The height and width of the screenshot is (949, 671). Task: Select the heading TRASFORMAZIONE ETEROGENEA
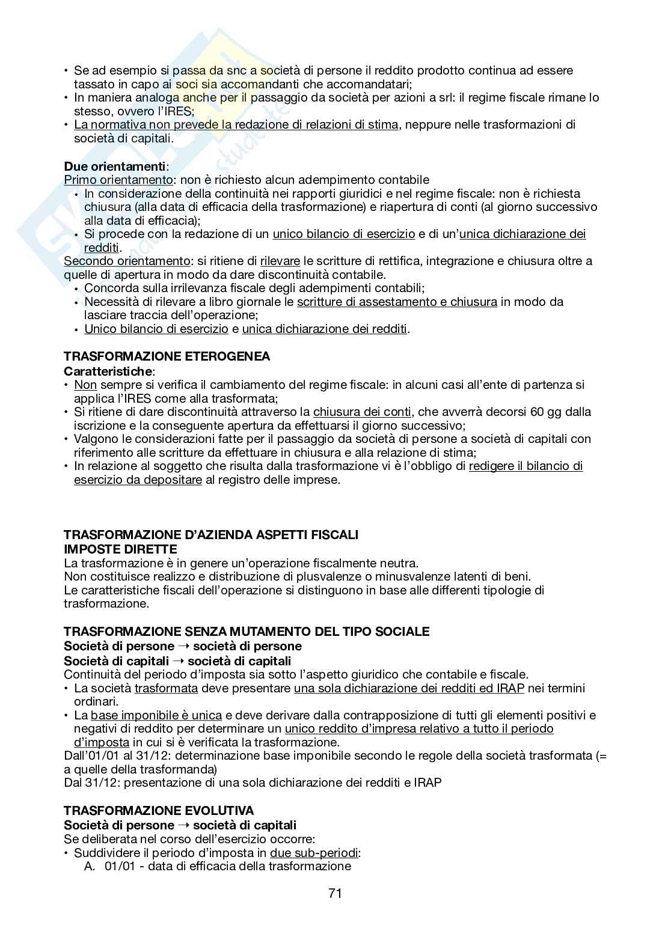point(167,356)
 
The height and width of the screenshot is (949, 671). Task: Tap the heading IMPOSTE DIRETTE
point(120,549)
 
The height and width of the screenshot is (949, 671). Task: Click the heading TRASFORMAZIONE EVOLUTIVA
point(159,811)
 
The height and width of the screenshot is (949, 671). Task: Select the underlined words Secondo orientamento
point(126,261)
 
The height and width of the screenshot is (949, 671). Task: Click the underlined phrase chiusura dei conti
point(362,412)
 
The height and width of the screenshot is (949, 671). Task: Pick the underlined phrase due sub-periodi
point(314,853)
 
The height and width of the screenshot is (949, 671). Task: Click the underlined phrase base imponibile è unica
point(156,716)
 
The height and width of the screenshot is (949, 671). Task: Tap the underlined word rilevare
point(280,261)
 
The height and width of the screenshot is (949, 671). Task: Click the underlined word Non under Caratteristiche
point(85,385)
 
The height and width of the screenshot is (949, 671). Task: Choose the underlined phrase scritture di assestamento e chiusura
point(397,302)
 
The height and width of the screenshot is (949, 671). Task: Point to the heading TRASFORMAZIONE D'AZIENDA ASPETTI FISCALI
point(210,535)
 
